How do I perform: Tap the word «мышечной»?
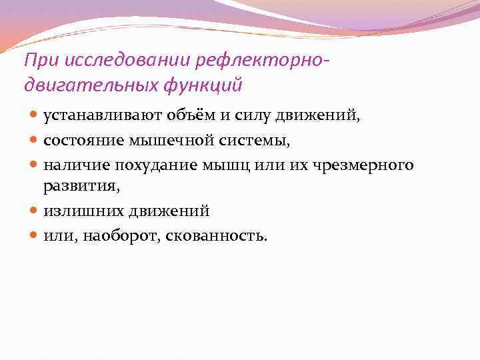coord(160,140)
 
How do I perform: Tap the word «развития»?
coord(81,187)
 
